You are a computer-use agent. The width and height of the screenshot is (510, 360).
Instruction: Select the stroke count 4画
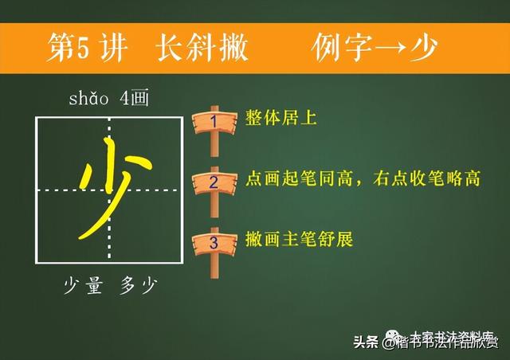point(132,100)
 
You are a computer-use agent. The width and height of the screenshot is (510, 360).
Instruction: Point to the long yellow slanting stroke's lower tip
point(80,237)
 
